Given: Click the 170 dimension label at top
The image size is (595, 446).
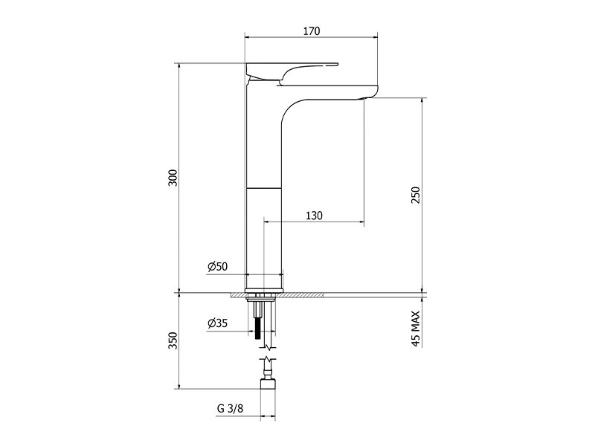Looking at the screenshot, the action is tap(311, 30).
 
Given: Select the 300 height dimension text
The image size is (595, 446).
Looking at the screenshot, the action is tap(173, 178).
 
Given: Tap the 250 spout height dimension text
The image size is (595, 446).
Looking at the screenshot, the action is tap(416, 195).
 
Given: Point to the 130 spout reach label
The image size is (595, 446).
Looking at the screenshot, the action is tap(314, 216).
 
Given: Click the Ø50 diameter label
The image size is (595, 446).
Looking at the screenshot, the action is tap(217, 266).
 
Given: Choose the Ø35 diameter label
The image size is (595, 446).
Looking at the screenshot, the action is tap(217, 323).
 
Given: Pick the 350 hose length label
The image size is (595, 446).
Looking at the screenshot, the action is tap(173, 340).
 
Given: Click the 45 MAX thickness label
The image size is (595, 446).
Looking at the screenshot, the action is tap(416, 329).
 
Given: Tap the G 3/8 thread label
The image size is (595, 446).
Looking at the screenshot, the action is tap(230, 408).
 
